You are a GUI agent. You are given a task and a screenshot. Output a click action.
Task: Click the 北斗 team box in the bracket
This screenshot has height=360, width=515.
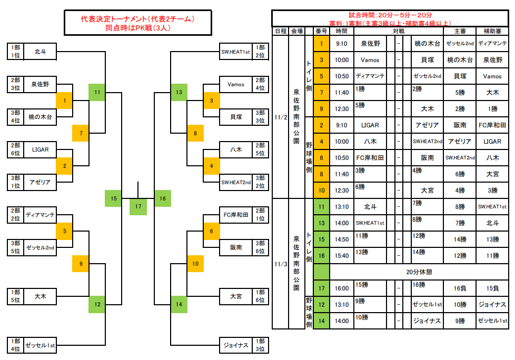point(40,52)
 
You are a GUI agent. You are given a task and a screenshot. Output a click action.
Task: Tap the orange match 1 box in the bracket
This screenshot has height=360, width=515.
point(64,101)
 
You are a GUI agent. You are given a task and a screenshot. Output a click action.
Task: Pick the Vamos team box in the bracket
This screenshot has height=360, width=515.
point(235,84)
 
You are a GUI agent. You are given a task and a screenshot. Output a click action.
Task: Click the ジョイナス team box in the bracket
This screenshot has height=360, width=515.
point(235,345)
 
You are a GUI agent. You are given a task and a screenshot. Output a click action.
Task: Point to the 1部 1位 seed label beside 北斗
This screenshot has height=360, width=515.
point(15,52)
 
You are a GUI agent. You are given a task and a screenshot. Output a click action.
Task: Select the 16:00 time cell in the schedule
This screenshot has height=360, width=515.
point(341,288)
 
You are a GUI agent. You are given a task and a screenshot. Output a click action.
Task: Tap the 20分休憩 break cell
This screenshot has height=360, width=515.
point(419,272)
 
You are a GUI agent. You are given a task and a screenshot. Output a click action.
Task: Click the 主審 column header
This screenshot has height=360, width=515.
point(460,31)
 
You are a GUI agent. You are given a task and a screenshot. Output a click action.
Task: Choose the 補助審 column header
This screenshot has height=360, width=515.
point(492,31)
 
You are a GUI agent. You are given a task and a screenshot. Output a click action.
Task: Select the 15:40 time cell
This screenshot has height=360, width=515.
point(341,255)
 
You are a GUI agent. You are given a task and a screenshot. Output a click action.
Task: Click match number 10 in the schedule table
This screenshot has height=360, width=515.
point(321,190)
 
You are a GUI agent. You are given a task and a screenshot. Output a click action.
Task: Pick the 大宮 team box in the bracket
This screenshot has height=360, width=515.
point(235,296)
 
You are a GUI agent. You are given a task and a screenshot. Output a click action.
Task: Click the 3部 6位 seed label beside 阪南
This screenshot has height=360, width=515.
point(260,247)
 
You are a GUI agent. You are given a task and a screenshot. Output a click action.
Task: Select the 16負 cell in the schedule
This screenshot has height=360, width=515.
point(460,288)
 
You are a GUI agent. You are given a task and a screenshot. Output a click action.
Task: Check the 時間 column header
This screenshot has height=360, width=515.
point(341,31)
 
